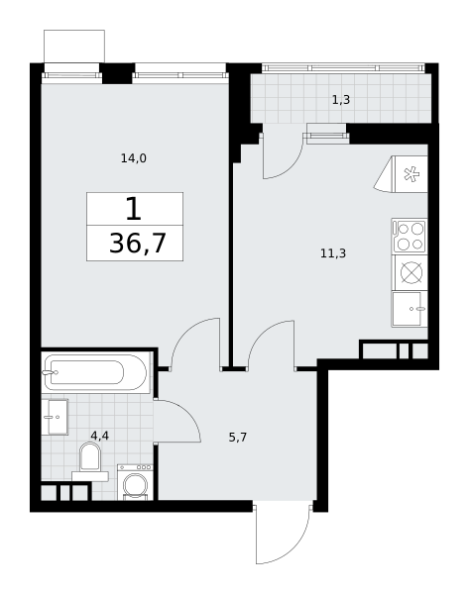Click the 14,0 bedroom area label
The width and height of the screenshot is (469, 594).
click(x=134, y=158)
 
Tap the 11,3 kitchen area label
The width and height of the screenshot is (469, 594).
click(x=333, y=253)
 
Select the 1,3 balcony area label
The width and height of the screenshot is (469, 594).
click(x=341, y=100)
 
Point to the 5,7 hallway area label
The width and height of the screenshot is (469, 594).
click(x=238, y=438)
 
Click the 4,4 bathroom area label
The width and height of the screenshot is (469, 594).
click(x=100, y=436)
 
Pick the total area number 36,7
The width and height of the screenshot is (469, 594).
click(x=138, y=244)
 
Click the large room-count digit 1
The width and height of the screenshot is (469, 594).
click(x=134, y=209)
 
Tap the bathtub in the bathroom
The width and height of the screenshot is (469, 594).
click(x=95, y=372)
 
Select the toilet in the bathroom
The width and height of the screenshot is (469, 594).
click(x=90, y=461)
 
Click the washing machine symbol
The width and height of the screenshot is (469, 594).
click(x=136, y=482)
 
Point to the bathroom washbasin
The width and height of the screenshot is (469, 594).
click(x=55, y=417)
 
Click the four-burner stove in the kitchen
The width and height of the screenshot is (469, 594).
click(x=410, y=236)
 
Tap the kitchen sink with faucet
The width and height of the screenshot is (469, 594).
click(x=410, y=309)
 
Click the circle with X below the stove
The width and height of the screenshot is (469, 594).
click(x=411, y=272)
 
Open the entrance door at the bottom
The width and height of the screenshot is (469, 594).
click(x=283, y=534)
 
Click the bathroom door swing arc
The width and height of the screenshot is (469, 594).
click(x=188, y=413)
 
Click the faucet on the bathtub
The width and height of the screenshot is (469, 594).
click(x=51, y=372)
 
